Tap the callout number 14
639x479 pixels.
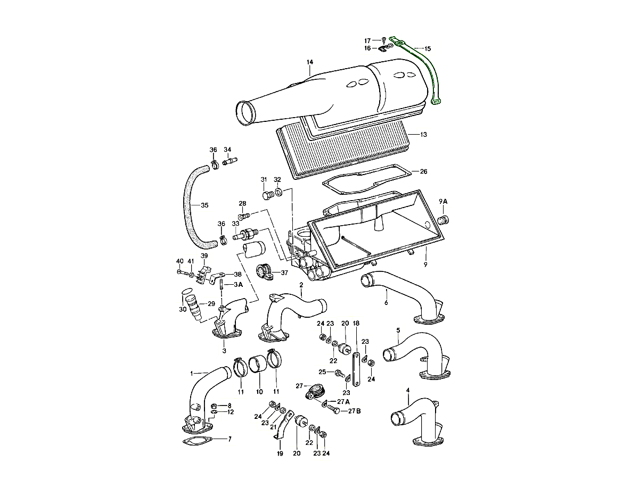tap(309, 62)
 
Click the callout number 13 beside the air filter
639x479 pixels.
tap(423, 134)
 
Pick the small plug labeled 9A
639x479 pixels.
tap(444, 220)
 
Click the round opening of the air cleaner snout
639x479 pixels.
tap(244, 113)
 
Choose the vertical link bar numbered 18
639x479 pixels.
tap(356, 369)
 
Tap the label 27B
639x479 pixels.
tap(355, 411)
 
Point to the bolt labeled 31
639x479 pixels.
tap(268, 195)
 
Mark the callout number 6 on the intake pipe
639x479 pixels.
tap(386, 302)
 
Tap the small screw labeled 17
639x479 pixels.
tap(384, 39)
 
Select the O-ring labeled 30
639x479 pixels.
tap(186, 291)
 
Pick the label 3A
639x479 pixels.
tap(238, 284)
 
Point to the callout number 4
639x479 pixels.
tap(407, 390)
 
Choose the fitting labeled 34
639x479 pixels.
tap(230, 161)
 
